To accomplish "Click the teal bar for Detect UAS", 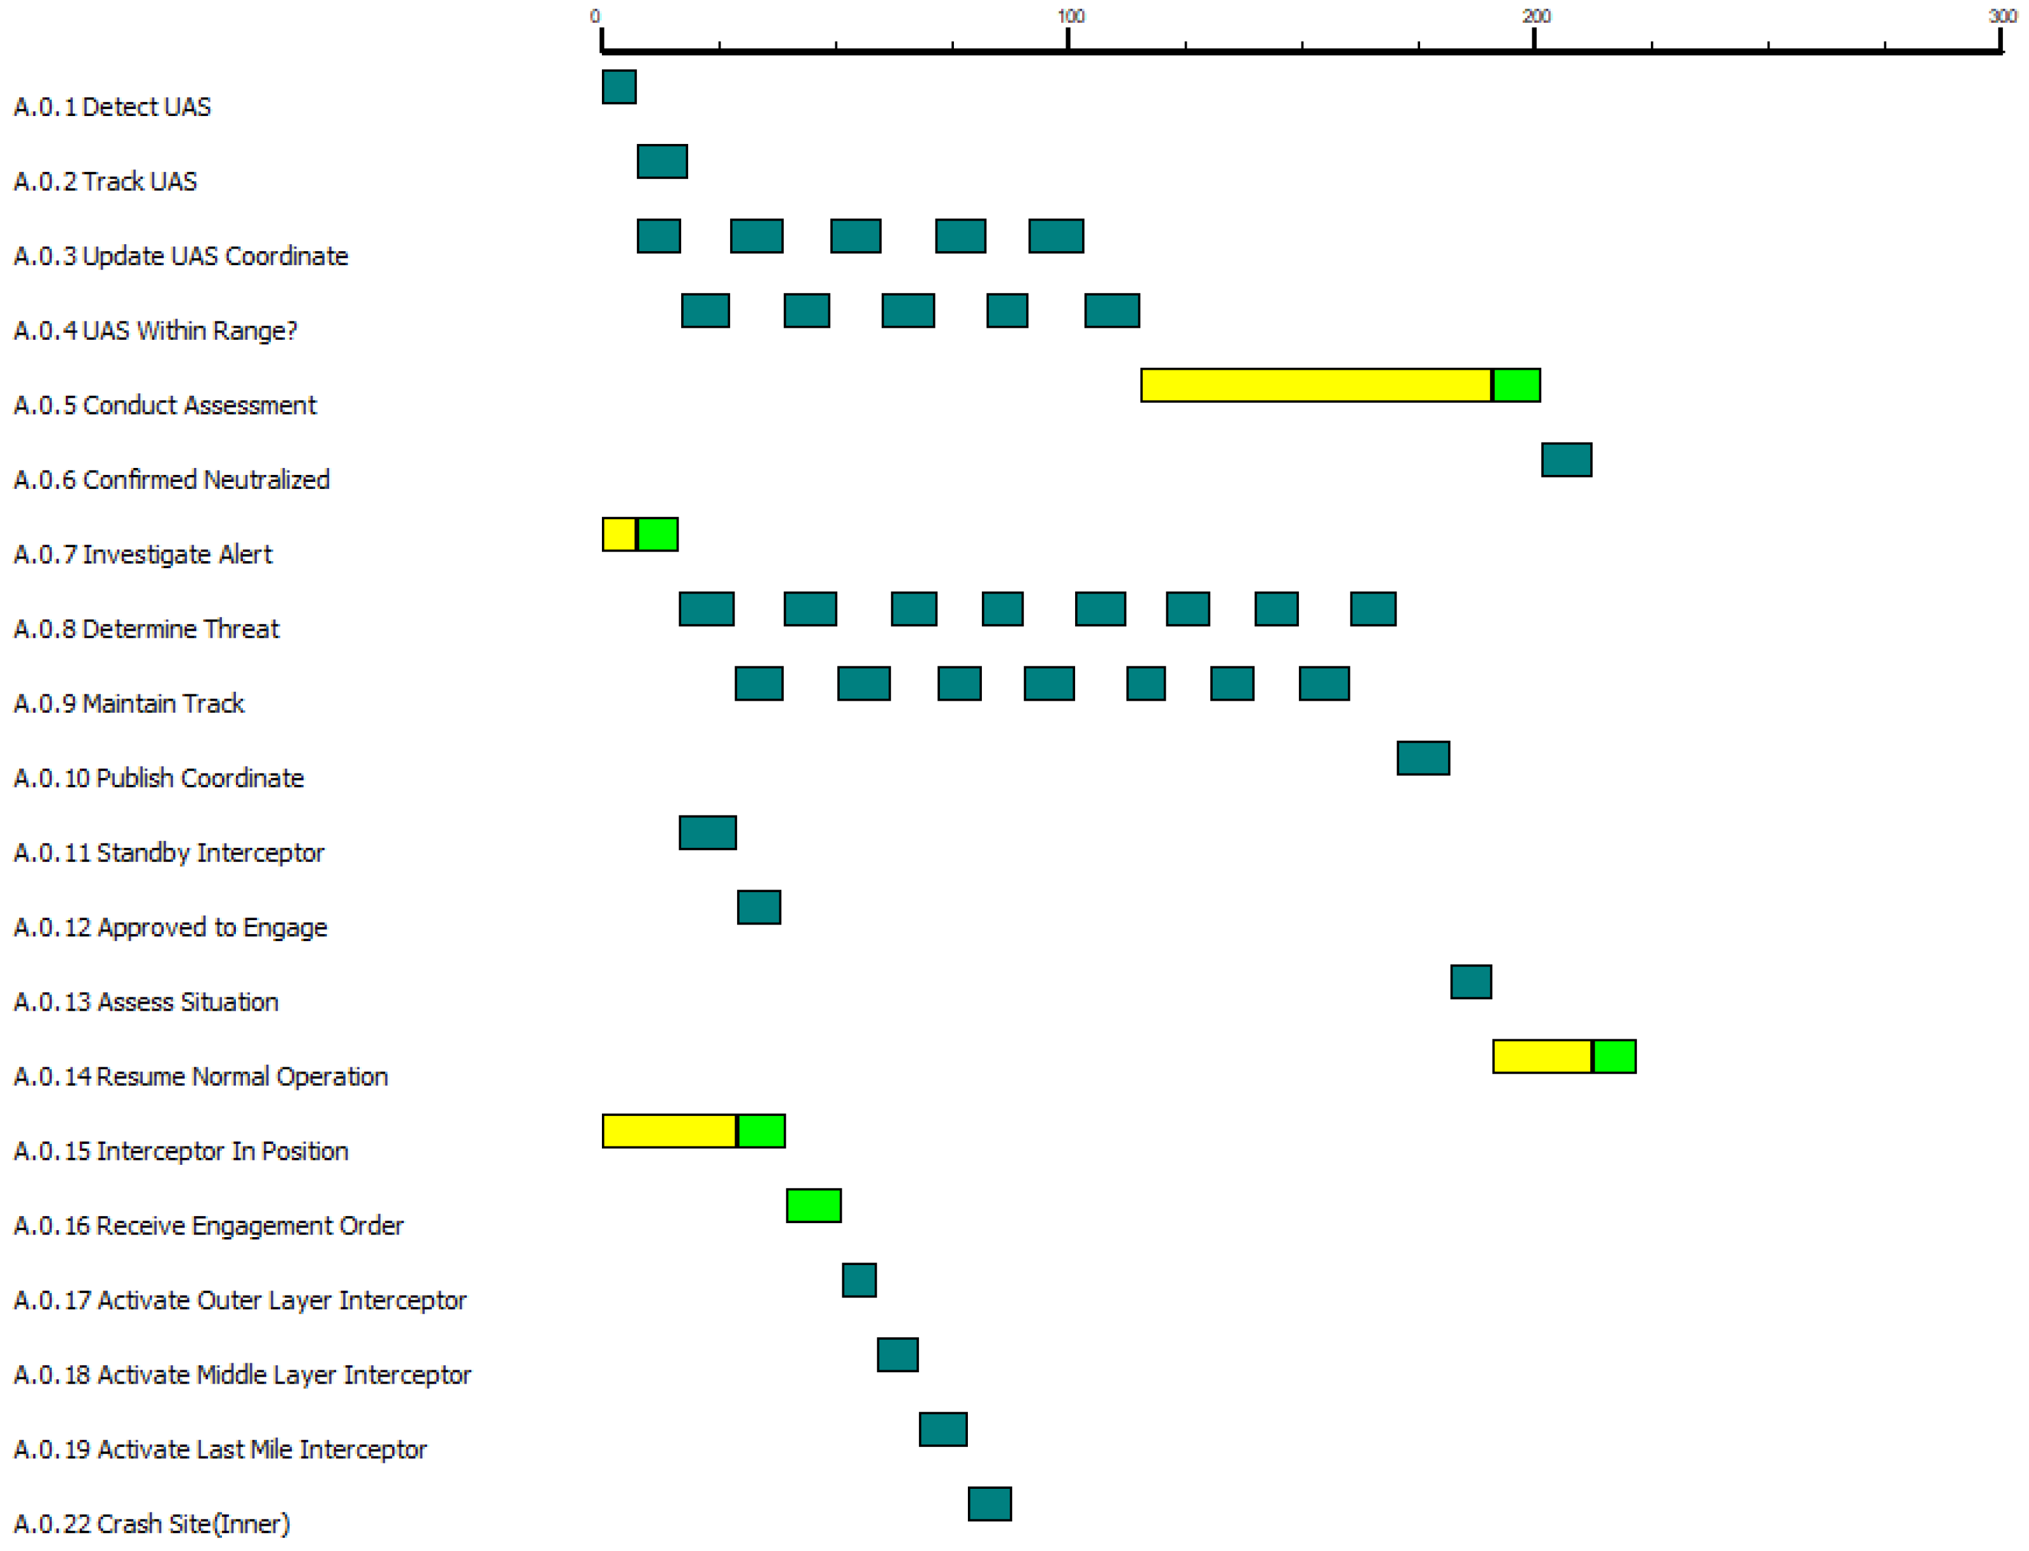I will click(x=619, y=87).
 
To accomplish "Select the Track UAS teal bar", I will click(x=662, y=162).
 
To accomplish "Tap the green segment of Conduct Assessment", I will click(x=1517, y=385).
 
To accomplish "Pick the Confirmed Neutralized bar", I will click(x=1567, y=460).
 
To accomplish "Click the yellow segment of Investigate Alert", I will click(x=619, y=535).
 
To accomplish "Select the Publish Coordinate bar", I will click(x=1423, y=758).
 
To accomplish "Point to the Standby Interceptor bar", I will click(x=707, y=833).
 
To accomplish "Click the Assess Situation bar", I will click(x=1471, y=982).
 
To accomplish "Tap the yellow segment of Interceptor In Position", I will click(x=669, y=1131).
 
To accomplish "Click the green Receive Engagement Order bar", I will click(x=814, y=1205).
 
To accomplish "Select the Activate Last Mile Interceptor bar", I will click(x=943, y=1429).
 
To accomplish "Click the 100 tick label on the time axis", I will click(x=1071, y=16).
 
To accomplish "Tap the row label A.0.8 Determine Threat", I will click(x=146, y=629).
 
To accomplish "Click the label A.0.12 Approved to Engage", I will click(x=170, y=927).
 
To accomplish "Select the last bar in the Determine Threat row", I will click(x=1373, y=609).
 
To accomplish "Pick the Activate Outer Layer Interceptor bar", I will click(x=859, y=1280).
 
